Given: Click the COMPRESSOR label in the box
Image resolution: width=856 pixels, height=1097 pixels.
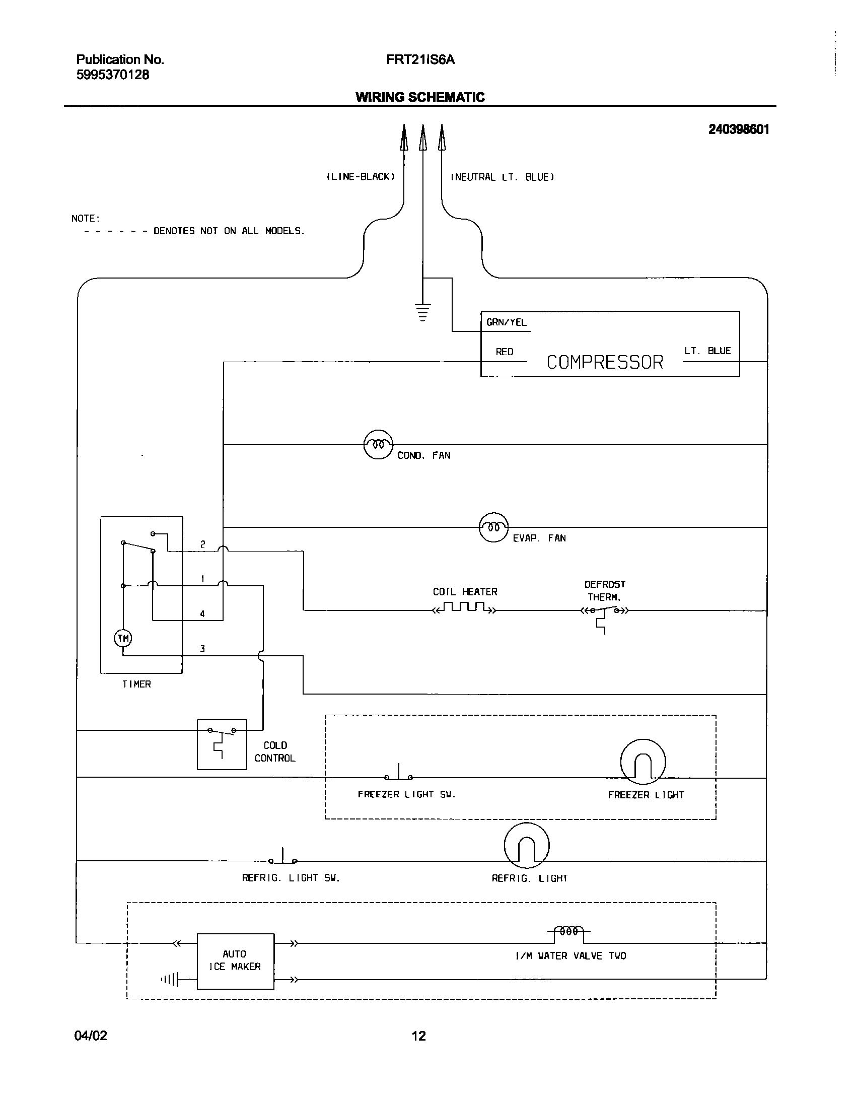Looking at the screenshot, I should point(605,362).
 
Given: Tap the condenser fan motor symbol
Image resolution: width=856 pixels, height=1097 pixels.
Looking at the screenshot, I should point(378,445).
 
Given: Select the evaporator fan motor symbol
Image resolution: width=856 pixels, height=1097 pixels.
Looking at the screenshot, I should point(493,527).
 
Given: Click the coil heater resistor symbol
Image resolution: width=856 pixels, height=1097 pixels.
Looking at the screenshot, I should point(465,607).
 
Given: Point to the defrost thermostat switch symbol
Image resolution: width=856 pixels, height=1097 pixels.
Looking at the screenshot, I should point(605,611).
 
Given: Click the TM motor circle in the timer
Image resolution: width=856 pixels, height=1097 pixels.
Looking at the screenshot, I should point(123,639).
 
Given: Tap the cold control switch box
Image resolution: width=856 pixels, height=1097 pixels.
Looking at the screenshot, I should point(222,744).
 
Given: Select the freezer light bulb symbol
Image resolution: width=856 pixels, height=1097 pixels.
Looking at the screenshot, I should point(643,762).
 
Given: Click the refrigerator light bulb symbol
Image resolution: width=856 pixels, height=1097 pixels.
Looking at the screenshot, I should point(526,846).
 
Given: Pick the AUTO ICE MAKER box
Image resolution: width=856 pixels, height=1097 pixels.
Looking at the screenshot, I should point(235,961).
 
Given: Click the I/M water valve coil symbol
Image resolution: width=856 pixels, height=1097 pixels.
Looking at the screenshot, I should point(569,932).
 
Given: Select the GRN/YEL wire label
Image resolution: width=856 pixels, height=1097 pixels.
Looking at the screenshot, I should point(506,322).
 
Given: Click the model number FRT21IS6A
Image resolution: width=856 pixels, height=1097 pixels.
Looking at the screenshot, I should point(420,60).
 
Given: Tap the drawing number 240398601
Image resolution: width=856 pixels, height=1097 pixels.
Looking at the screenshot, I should point(738,129).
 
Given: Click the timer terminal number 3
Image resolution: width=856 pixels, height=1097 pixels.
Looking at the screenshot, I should point(202,649).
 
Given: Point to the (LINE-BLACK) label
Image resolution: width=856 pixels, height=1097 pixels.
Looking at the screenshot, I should point(360,177).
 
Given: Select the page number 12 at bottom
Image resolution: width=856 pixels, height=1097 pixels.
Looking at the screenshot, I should point(418,1036).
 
